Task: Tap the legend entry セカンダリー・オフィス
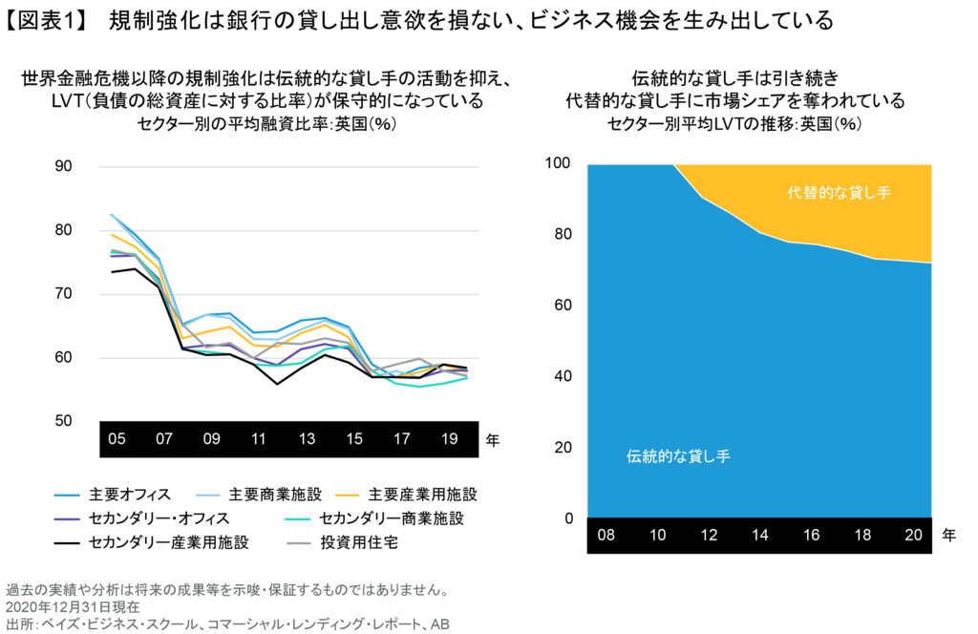click(x=149, y=518)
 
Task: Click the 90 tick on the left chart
click(x=64, y=166)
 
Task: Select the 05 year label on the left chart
click(x=117, y=440)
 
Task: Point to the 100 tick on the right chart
click(x=558, y=164)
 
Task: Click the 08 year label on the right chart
click(x=606, y=536)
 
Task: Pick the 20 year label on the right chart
click(x=912, y=536)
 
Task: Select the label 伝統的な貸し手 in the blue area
click(x=678, y=456)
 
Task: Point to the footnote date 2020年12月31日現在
click(x=73, y=606)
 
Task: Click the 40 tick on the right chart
click(x=562, y=377)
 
